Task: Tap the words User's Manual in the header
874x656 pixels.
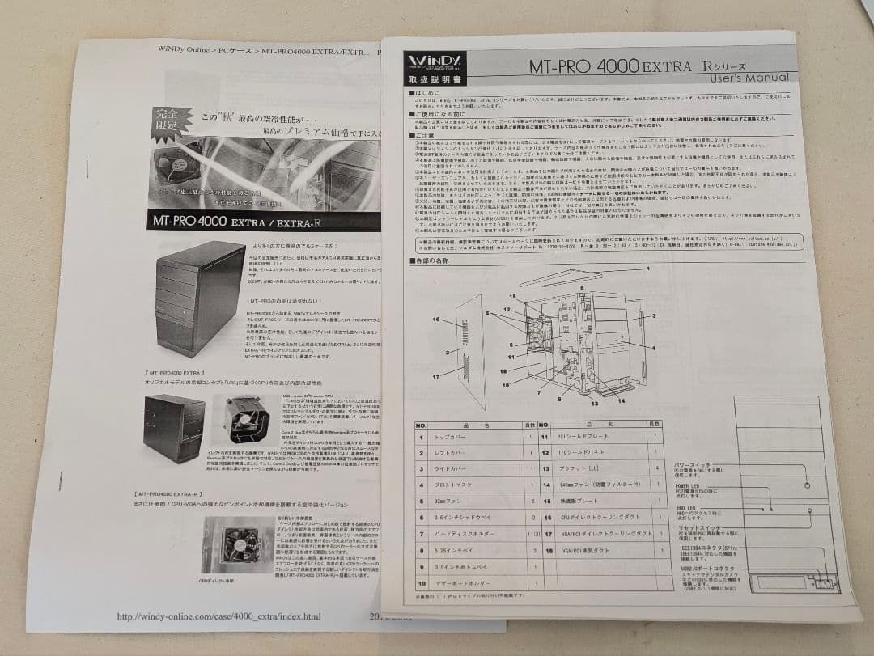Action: coord(749,78)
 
